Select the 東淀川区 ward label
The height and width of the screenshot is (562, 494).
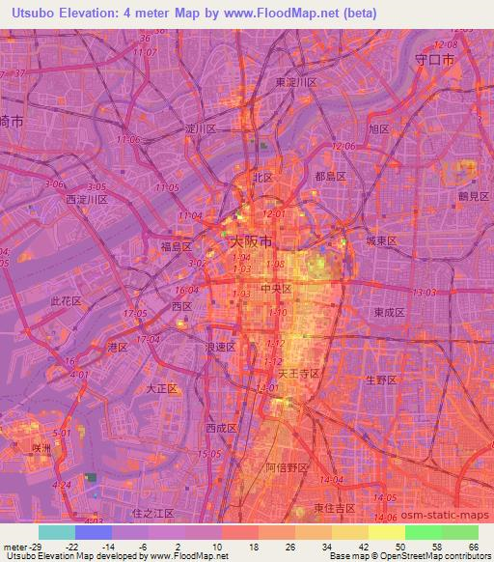pos(297,83)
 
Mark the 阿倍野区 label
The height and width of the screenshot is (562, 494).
pos(287,468)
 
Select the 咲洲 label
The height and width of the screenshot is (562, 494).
pos(40,447)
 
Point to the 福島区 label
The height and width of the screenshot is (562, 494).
pos(178,245)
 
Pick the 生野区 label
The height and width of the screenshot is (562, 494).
pos(381,380)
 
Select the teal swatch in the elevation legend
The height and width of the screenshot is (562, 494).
pos(56,532)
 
